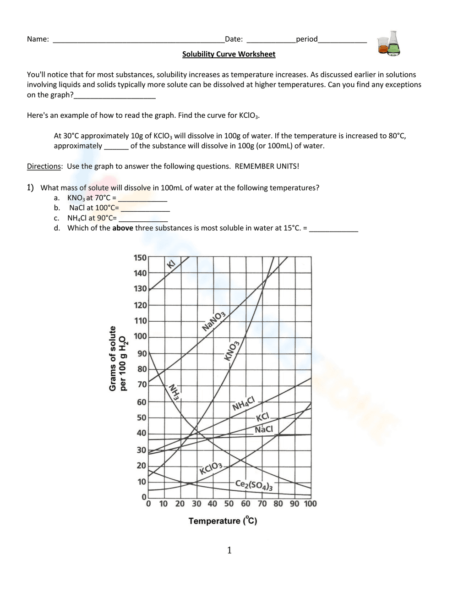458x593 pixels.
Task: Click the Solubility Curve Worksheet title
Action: coord(229,54)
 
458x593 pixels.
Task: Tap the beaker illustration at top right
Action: coord(389,44)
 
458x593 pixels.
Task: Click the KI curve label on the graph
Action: coord(171,264)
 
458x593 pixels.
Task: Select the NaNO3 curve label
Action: coord(214,321)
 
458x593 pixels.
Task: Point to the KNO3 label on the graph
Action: coord(232,351)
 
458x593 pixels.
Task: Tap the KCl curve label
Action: coord(262,417)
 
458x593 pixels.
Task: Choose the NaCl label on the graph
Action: coord(264,429)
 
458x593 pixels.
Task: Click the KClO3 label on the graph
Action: coord(211,469)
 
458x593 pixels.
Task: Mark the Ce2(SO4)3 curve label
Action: coord(254,485)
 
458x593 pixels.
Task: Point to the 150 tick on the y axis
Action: coord(140,258)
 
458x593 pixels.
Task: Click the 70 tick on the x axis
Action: coord(262,504)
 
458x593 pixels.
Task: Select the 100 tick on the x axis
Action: coord(310,504)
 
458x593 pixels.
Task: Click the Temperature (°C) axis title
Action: coord(223,521)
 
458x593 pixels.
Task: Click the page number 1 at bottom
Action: coord(229,550)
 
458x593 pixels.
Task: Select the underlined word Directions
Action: coord(44,166)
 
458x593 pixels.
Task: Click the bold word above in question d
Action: coord(123,228)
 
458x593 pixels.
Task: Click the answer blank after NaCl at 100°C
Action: coord(145,208)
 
